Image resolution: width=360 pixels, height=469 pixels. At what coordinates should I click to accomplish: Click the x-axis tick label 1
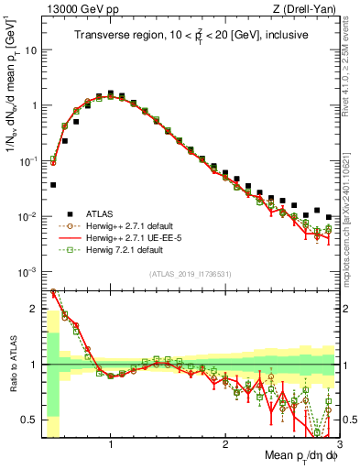coord(111,444)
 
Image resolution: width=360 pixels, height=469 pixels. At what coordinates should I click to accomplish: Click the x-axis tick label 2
coord(225,444)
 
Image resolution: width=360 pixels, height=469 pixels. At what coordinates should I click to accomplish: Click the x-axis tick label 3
coord(339,444)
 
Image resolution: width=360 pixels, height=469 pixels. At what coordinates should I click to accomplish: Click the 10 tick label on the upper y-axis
coord(31,49)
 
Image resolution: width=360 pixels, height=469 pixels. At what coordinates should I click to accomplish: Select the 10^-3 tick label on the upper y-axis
coord(27,272)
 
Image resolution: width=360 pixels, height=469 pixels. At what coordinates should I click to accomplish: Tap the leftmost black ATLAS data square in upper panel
coord(53,185)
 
